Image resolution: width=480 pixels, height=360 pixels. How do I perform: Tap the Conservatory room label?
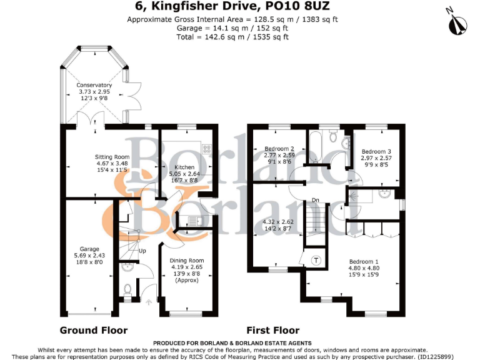[94, 85]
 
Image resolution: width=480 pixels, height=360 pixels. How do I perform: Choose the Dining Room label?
[187, 261]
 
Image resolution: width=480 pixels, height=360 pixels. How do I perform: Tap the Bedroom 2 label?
[279, 148]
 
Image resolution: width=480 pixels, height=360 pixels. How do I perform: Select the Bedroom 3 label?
[376, 152]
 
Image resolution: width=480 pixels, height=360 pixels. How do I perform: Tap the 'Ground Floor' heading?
[94, 330]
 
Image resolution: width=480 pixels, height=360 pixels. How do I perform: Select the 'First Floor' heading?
[273, 330]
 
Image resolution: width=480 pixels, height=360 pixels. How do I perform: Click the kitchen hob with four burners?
[207, 149]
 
